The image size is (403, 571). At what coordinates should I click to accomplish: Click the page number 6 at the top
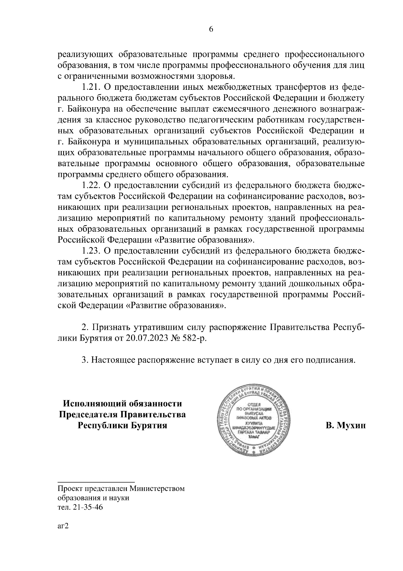tap(211, 29)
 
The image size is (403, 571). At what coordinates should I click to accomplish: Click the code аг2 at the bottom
tap(63, 535)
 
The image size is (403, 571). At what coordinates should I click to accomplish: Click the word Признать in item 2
tap(110, 327)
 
